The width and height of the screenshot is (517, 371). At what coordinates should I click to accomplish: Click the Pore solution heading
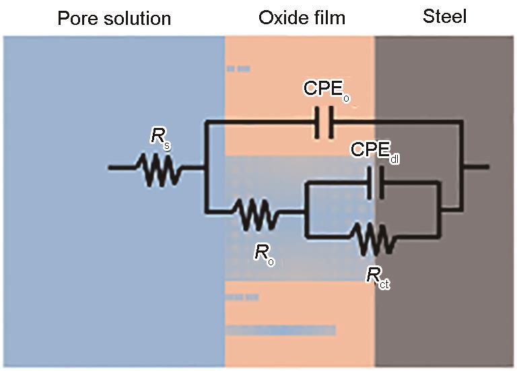tap(114, 18)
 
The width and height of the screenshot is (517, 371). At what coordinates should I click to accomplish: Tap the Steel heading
tap(444, 16)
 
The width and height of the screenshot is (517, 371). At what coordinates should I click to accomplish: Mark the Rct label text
tap(378, 278)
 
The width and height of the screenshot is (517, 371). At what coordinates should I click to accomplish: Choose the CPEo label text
tap(326, 91)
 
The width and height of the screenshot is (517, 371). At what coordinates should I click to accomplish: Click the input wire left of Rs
tap(125, 167)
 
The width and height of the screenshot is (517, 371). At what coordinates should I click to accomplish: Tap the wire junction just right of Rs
tap(204, 167)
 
